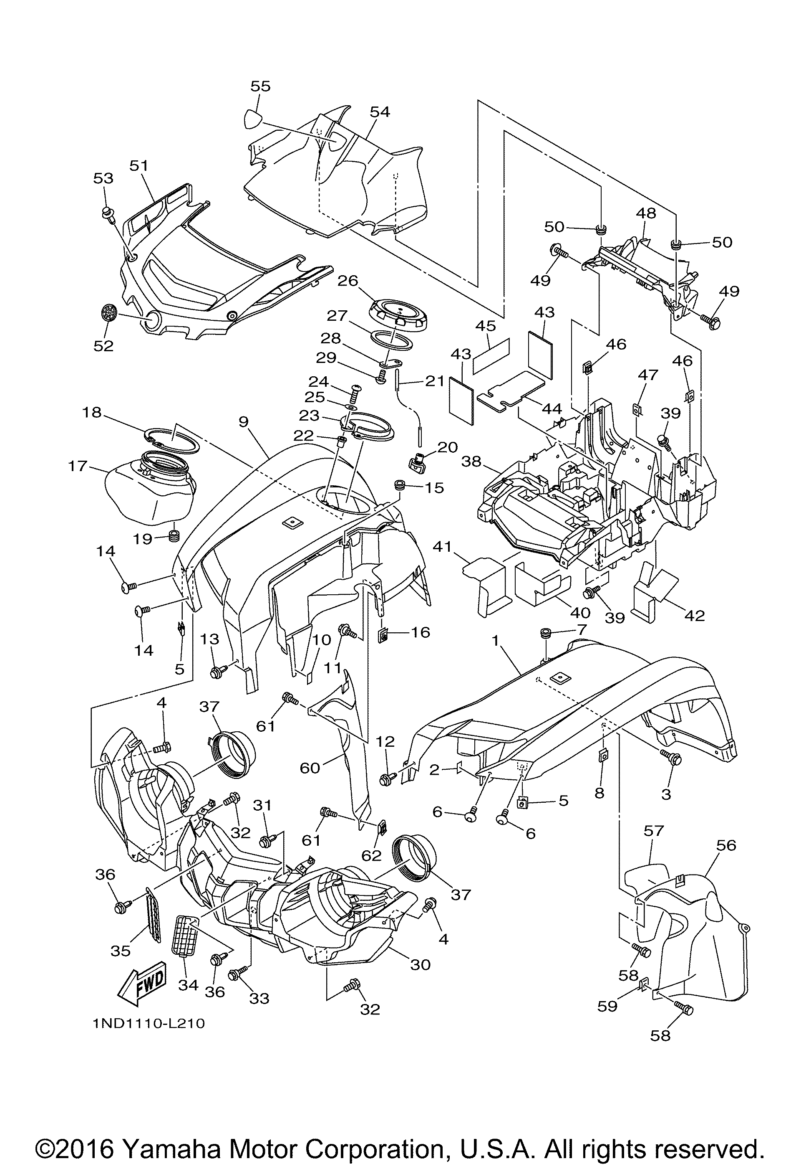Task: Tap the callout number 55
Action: [x=260, y=86]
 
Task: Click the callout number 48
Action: [x=646, y=213]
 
